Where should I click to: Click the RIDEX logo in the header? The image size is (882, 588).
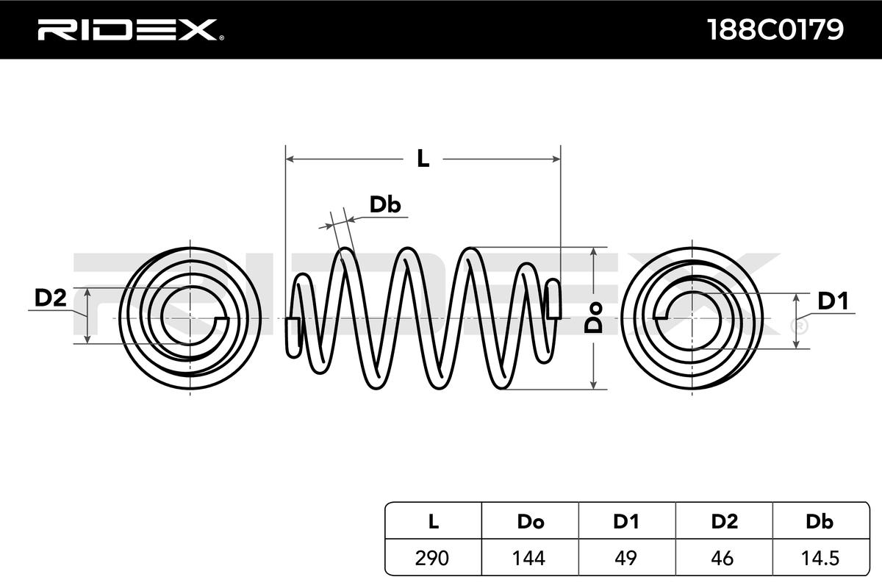pos(131,30)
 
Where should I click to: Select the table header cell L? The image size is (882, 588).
pos(433,521)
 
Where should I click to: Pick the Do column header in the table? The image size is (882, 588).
pos(531,521)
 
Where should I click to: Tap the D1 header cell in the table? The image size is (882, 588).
pos(625,521)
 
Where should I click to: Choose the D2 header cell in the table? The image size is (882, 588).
pos(725,521)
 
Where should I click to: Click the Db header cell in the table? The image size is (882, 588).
pos(820,521)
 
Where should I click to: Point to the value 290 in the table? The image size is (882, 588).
pos(432,558)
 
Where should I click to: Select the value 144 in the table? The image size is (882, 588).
pos(528,558)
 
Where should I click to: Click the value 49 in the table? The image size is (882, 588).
pos(625,558)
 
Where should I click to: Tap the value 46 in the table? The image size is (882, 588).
pos(723,558)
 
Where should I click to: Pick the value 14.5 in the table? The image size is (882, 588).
pos(820,558)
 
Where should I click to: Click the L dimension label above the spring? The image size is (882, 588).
pos(423,159)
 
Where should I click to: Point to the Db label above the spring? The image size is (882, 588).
pos(385,205)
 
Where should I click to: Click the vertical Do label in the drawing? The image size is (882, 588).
pos(593,318)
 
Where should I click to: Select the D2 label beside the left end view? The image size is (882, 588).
pos(51,298)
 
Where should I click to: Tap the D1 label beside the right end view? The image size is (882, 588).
pos(833,301)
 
